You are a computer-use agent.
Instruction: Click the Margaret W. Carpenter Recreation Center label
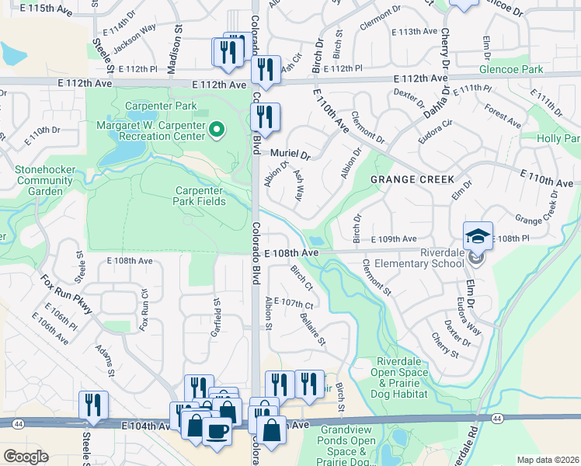(x=152, y=131)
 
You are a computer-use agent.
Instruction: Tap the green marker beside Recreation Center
(x=217, y=130)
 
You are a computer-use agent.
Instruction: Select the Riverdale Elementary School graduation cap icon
(x=478, y=235)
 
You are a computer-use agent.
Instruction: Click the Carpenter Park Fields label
(x=200, y=196)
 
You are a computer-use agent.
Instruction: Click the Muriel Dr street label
(x=290, y=155)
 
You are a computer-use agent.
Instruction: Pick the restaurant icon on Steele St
(x=93, y=405)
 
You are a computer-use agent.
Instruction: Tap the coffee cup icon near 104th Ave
(x=217, y=430)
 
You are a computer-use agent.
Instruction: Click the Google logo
(x=26, y=456)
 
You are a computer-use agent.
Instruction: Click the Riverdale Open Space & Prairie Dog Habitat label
(x=402, y=377)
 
